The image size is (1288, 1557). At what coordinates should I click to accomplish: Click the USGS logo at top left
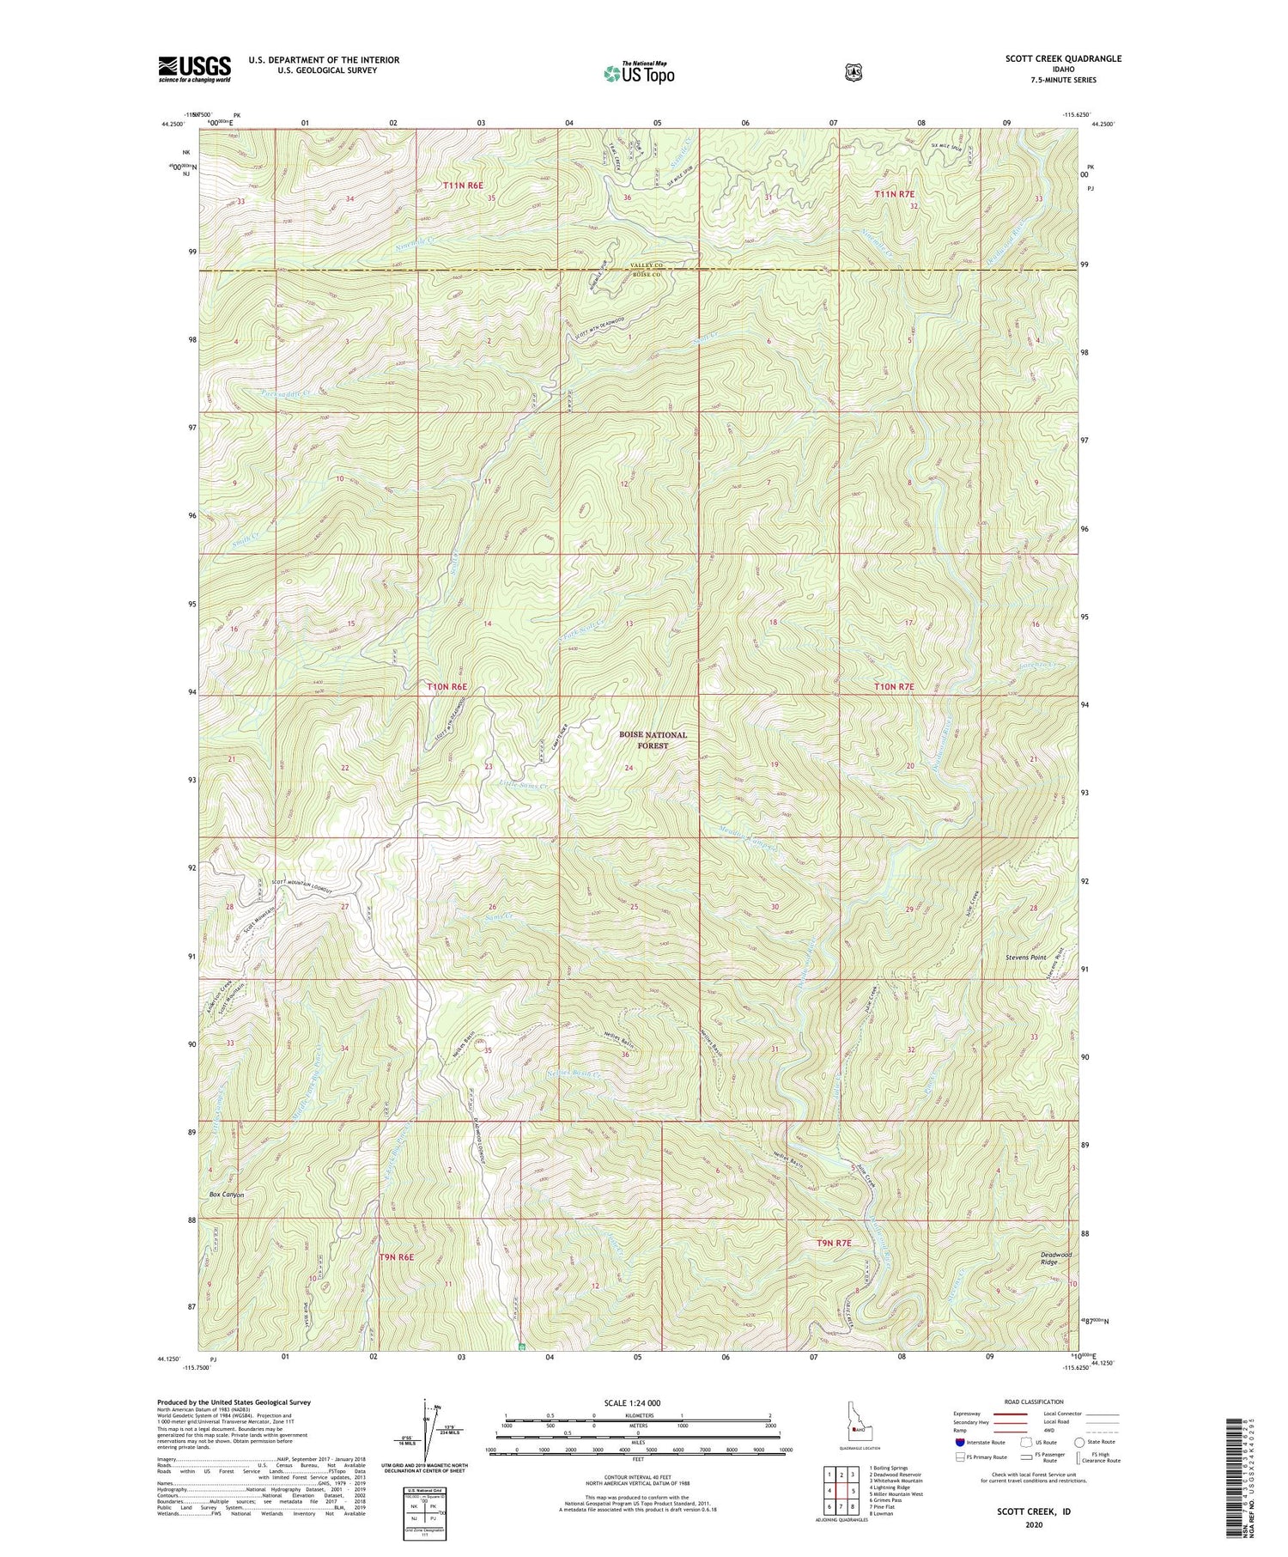pyautogui.click(x=194, y=69)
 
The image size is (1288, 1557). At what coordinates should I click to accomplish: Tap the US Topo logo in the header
pyautogui.click(x=639, y=73)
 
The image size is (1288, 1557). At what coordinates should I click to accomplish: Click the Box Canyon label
pyautogui.click(x=227, y=1195)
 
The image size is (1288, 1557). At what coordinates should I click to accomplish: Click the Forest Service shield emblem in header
pyautogui.click(x=852, y=72)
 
